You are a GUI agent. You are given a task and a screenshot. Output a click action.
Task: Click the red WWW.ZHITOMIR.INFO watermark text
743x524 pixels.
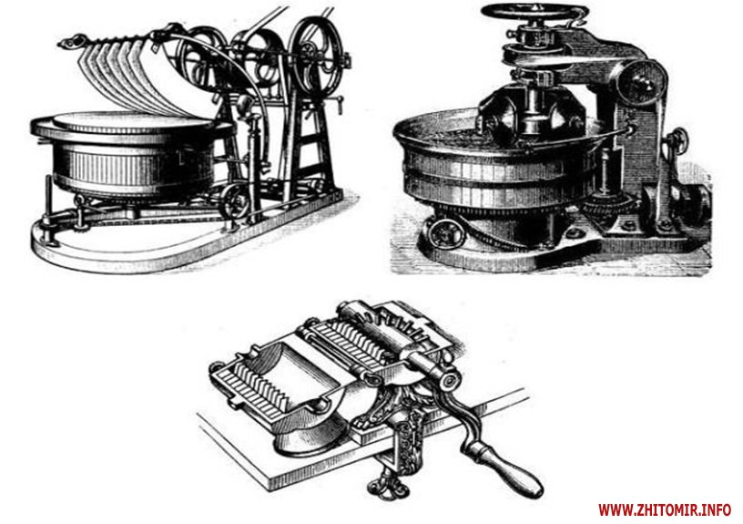coord(665,509)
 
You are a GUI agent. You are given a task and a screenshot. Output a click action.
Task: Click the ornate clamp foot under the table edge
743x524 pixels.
coord(388,485)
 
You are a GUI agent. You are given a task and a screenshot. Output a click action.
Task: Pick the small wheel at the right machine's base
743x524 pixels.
coord(445,232)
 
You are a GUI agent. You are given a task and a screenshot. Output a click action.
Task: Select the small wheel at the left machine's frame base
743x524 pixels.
coord(237,200)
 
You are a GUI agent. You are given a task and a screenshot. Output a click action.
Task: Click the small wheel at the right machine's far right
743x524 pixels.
coord(677,141)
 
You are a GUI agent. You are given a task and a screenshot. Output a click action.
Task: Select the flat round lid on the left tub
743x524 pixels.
coord(133,121)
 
